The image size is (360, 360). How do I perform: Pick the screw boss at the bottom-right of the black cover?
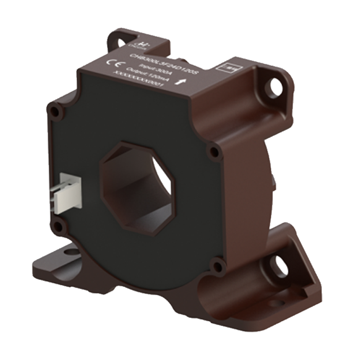click(x=219, y=264)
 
